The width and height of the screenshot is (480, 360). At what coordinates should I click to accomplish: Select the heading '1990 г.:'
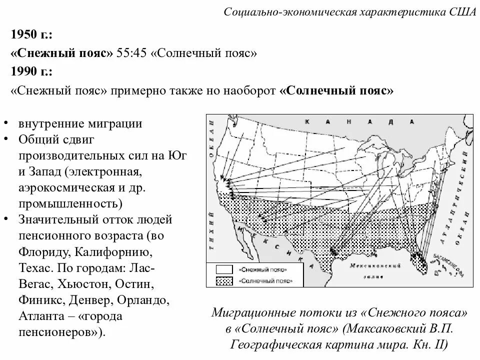[x=31, y=71]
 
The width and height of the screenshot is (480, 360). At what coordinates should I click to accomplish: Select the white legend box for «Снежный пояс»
[x=224, y=269]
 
